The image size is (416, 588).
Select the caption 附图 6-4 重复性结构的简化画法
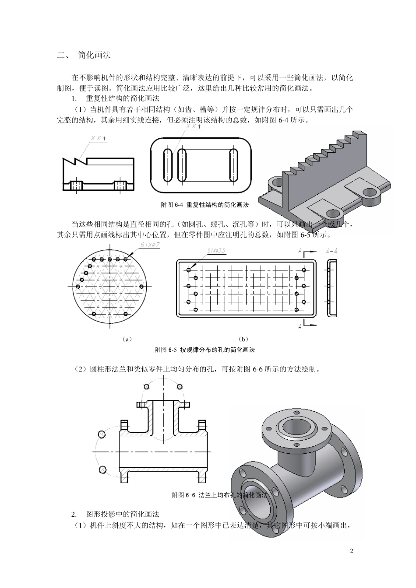click(204, 205)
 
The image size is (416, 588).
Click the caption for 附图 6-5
click(204, 350)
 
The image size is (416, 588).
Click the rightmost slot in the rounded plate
click(233, 164)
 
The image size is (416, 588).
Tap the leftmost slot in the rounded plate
click(167, 164)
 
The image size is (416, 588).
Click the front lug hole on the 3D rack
click(333, 214)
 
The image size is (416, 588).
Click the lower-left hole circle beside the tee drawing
click(102, 469)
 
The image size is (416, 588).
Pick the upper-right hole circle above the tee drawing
click(179, 386)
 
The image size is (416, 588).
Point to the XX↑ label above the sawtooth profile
click(99, 138)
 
